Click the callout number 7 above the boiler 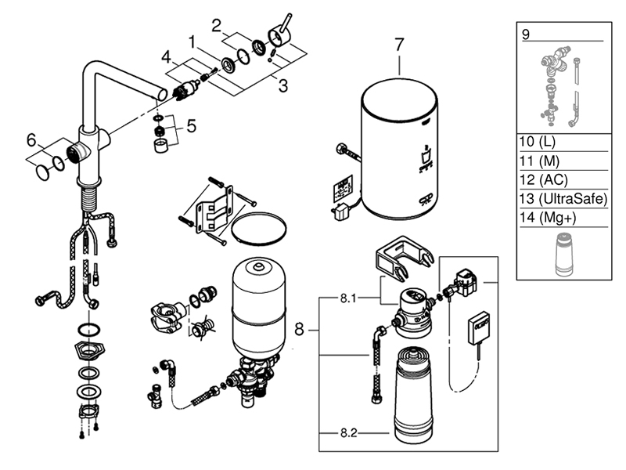point(399,45)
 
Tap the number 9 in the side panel point(526,34)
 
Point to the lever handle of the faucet point(280,30)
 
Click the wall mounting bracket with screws point(215,205)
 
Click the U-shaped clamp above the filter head point(404,257)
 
